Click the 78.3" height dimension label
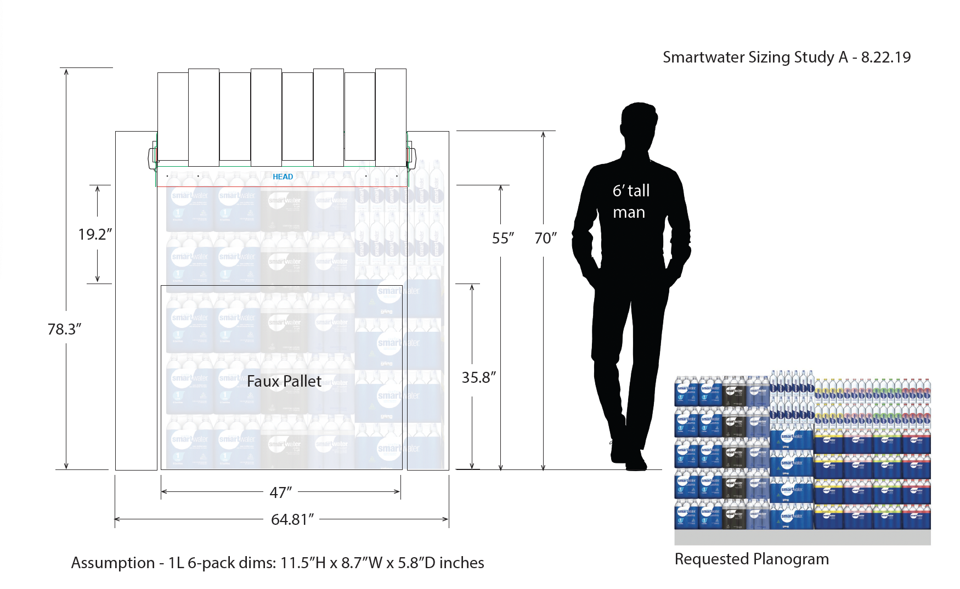tap(64, 329)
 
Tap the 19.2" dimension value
tap(95, 234)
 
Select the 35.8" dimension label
tap(478, 377)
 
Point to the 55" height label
tap(502, 238)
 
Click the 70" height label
tap(545, 238)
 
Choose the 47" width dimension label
tap(280, 492)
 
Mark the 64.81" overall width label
tap(292, 519)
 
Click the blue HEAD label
tap(283, 177)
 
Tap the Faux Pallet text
tap(284, 381)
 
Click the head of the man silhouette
tap(639, 123)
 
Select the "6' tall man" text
tap(631, 201)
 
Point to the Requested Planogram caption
tap(752, 559)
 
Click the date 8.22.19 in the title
tap(885, 57)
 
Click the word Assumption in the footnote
tap(113, 563)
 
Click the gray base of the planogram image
tap(802, 537)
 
